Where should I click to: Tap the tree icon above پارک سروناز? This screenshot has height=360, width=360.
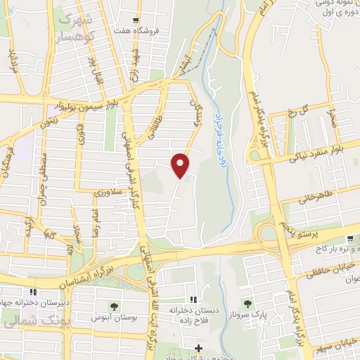[247, 302]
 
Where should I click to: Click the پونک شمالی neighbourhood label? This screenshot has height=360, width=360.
[23, 324]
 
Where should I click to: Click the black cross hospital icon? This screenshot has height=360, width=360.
[199, 348]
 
